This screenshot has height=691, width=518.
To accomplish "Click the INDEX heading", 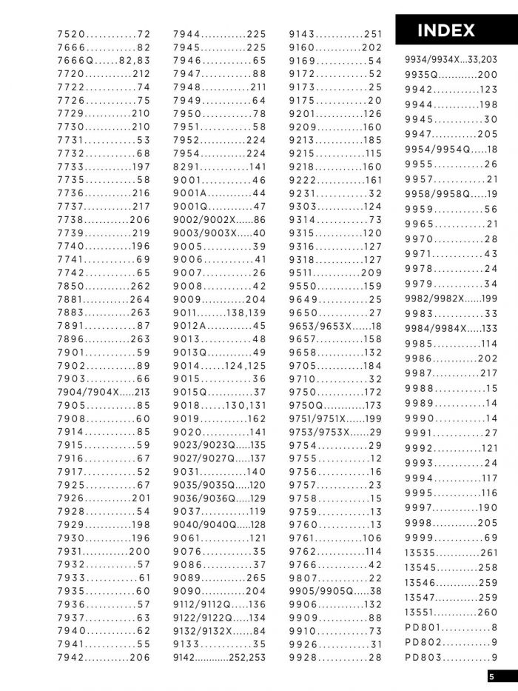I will tap(446, 31).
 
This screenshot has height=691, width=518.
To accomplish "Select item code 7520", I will tap(72, 34).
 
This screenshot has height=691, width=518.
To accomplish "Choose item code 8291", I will tap(187, 167).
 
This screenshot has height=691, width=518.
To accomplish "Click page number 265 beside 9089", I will tap(255, 578).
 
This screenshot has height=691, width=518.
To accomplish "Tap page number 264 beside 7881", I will tap(140, 299).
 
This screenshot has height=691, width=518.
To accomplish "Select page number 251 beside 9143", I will tap(373, 34).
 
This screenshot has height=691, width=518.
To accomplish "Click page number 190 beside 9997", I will tap(488, 507).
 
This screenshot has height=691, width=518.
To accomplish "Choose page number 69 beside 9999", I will tap(491, 538).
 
